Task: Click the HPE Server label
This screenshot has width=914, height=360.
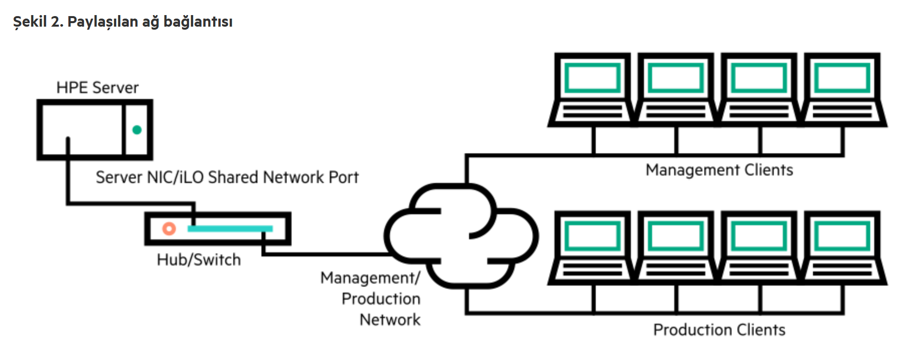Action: [97, 87]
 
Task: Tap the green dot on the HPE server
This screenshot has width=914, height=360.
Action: [137, 130]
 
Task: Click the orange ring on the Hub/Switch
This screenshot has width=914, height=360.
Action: [169, 229]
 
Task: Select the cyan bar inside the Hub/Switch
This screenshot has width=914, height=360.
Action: [230, 229]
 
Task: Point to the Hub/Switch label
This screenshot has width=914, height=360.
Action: [199, 259]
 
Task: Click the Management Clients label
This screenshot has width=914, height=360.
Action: [719, 170]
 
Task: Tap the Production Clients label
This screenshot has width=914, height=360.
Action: [719, 330]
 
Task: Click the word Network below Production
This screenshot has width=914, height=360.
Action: [390, 320]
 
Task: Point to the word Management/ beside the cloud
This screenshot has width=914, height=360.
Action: [370, 278]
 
